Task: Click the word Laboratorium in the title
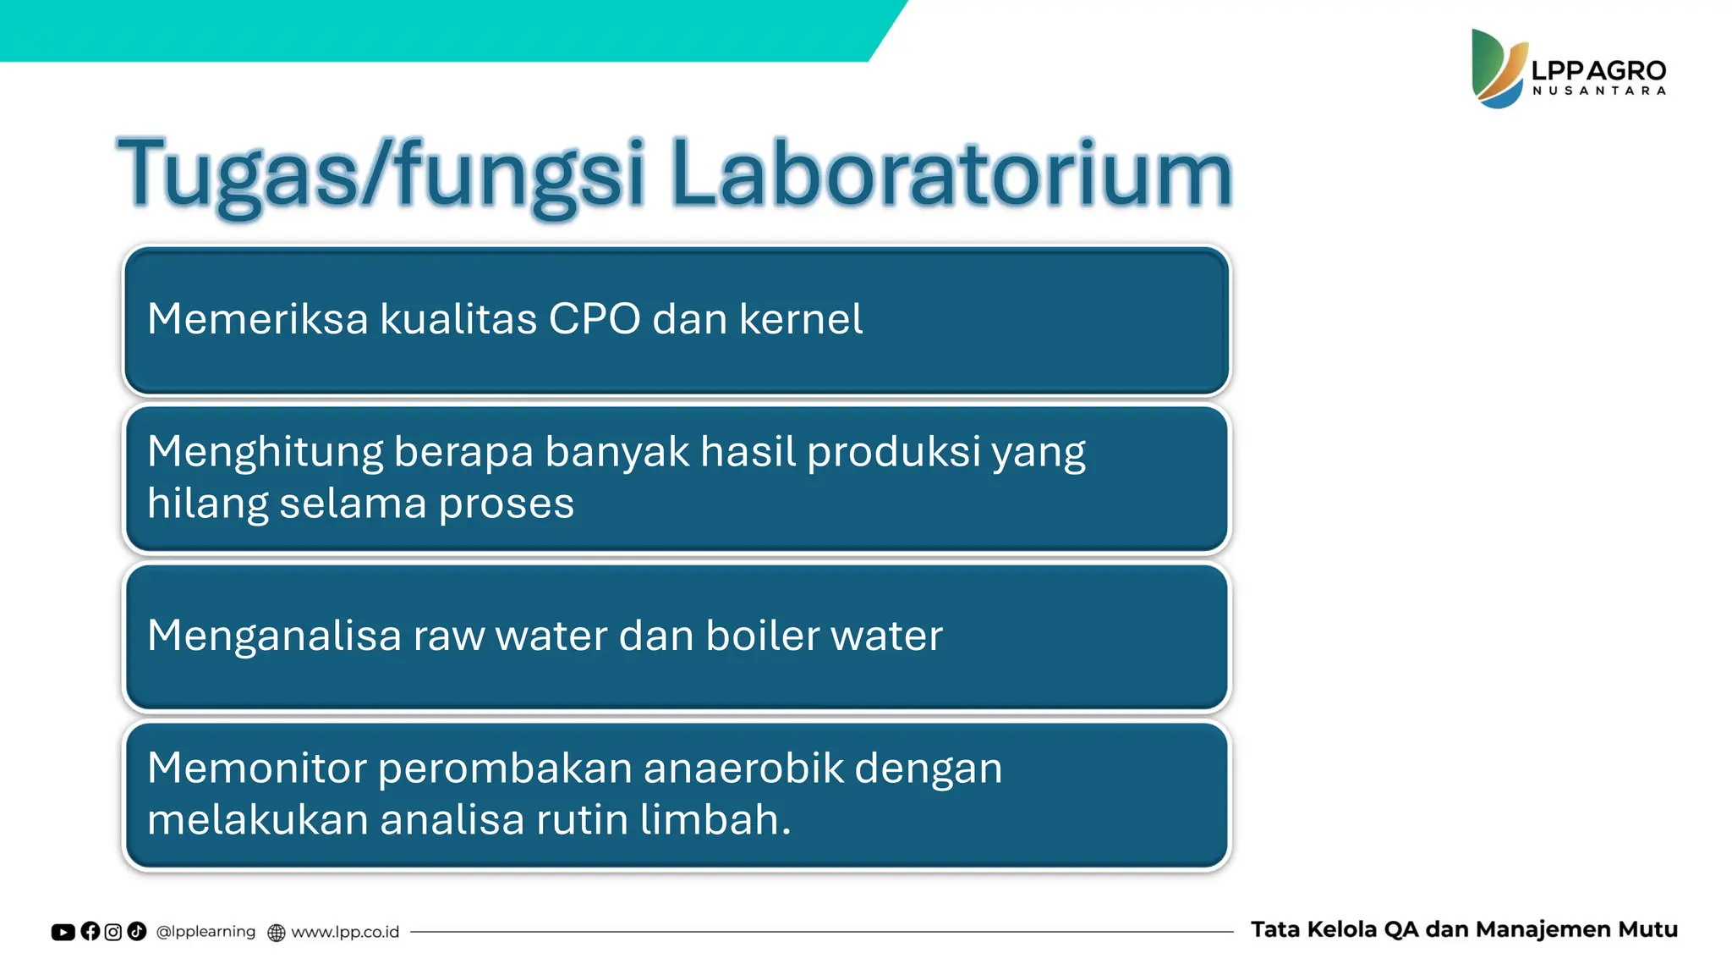[x=951, y=174]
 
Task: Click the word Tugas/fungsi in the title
[x=381, y=174]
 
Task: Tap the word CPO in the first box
[x=595, y=320]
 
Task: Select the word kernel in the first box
[x=801, y=320]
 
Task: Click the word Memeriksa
[x=258, y=320]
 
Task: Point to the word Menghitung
[x=265, y=453]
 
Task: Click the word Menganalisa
[x=274, y=636]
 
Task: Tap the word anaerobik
[x=743, y=768]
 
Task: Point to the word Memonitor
[x=257, y=768]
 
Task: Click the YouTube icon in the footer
[x=63, y=932]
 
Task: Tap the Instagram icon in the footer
[x=113, y=932]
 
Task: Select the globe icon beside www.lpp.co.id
[x=277, y=933]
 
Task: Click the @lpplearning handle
[x=206, y=932]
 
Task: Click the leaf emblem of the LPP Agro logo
[x=1497, y=69]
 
